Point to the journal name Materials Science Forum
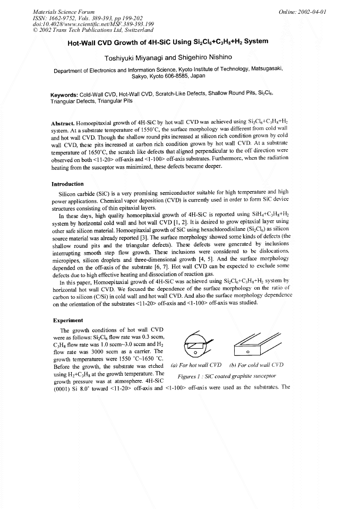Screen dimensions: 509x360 tap(57, 11)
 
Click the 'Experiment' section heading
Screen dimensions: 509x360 tap(67, 320)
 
